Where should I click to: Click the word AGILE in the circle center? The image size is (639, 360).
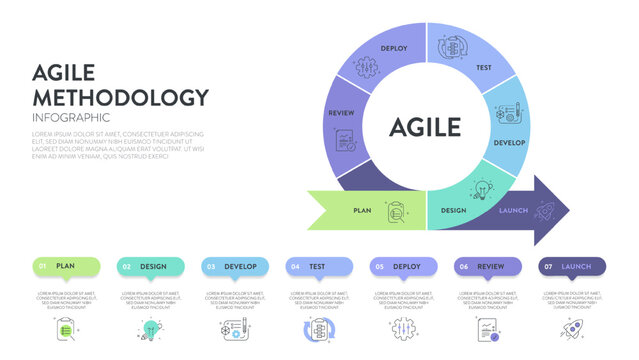pyautogui.click(x=425, y=127)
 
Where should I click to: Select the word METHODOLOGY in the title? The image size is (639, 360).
pyautogui.click(x=120, y=97)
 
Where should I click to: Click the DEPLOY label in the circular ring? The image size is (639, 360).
pyautogui.click(x=394, y=47)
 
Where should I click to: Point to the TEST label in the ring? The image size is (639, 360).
pyautogui.click(x=484, y=68)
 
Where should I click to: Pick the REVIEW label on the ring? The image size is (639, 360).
pyautogui.click(x=341, y=113)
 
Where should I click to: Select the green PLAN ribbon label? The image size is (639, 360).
pyautogui.click(x=361, y=210)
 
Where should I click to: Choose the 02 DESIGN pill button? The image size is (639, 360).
pyautogui.click(x=151, y=266)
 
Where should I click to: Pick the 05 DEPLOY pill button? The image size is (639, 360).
pyautogui.click(x=403, y=266)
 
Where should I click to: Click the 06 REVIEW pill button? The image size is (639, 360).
pyautogui.click(x=487, y=266)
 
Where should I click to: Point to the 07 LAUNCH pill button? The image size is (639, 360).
pyautogui.click(x=571, y=266)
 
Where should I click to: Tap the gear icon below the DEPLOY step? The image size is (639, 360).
pyautogui.click(x=401, y=329)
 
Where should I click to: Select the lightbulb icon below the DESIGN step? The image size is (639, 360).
pyautogui.click(x=150, y=329)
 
